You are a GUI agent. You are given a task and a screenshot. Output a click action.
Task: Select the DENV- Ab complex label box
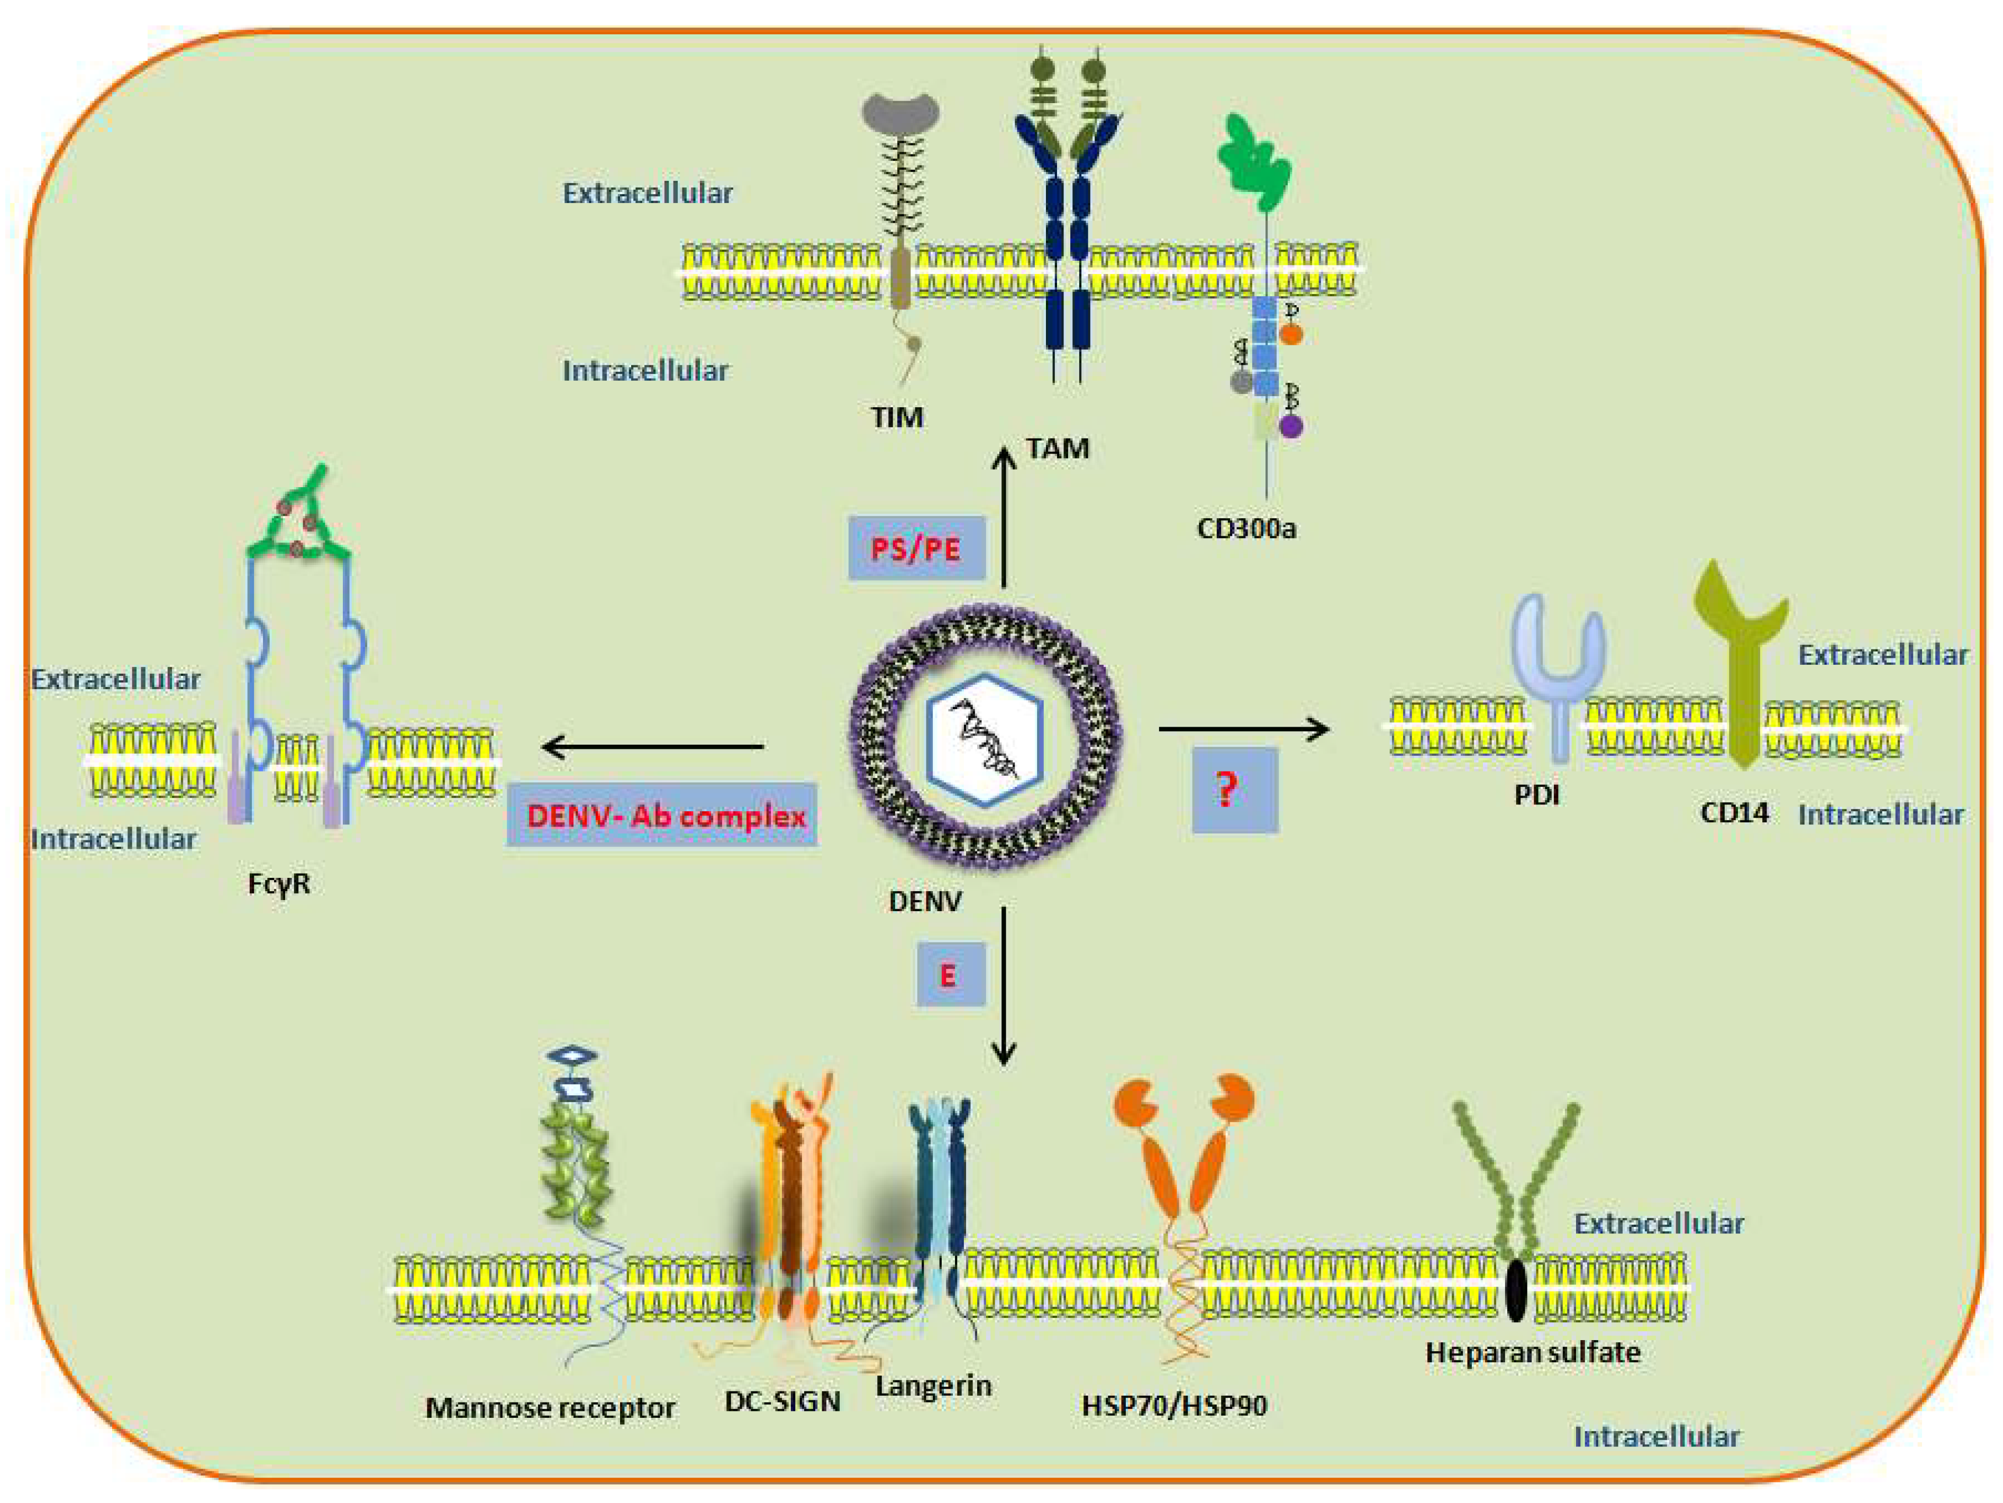click(x=662, y=815)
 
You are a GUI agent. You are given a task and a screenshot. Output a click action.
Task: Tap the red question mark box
click(x=1234, y=790)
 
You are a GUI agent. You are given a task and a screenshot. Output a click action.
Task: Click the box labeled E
click(x=950, y=974)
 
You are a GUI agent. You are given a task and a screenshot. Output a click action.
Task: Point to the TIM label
click(x=896, y=417)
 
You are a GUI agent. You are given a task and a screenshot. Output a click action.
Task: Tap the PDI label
click(x=1537, y=795)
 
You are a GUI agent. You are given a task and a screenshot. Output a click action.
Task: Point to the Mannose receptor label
click(x=550, y=1408)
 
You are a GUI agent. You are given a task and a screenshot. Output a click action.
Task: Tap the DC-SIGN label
click(x=782, y=1401)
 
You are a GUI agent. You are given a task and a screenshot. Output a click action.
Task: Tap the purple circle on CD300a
click(x=1291, y=426)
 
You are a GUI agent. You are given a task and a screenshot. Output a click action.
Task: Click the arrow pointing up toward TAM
click(x=1003, y=516)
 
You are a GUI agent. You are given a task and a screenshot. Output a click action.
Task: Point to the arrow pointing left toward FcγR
click(x=652, y=747)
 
